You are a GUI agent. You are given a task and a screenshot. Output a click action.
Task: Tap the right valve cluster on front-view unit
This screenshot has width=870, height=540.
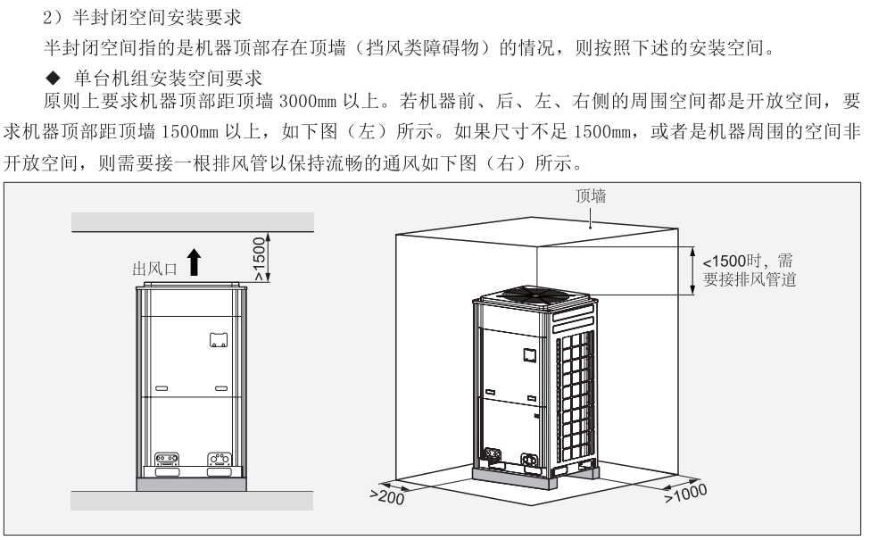pyautogui.click(x=219, y=461)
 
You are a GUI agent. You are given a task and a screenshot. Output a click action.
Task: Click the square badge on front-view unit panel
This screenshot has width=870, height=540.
pyautogui.click(x=219, y=339)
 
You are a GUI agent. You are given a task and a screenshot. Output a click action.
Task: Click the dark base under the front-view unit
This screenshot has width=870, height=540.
pyautogui.click(x=192, y=484)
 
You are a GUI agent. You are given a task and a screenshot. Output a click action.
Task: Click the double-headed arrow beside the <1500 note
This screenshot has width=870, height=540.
pyautogui.click(x=692, y=270)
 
